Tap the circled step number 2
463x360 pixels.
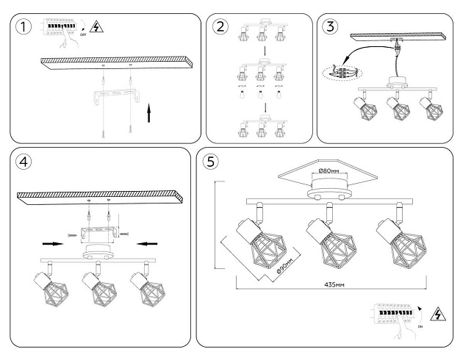pos(220,28)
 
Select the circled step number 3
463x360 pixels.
pos(330,27)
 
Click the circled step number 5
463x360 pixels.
pos(212,162)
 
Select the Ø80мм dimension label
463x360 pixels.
pos(328,171)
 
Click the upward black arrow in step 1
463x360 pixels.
pos(150,115)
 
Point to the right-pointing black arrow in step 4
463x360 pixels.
pos(52,241)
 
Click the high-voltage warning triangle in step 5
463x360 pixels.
pos(438,314)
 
